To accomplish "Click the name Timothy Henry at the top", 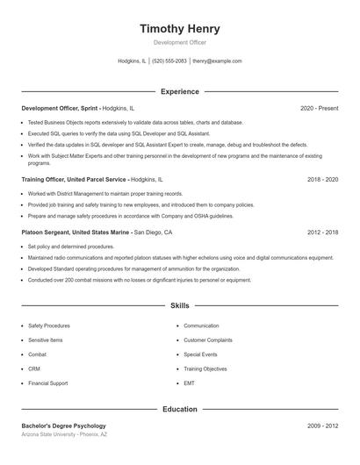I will pyautogui.click(x=180, y=28).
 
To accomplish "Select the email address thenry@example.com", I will pyautogui.click(x=217, y=61).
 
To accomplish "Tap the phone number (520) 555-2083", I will pyautogui.click(x=169, y=61).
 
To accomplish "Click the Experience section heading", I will pyautogui.click(x=180, y=91).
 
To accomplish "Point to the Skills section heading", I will pyautogui.click(x=180, y=306).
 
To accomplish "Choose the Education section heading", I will pyautogui.click(x=180, y=409).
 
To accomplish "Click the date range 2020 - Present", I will pyautogui.click(x=319, y=108).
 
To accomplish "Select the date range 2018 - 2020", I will pyautogui.click(x=322, y=179).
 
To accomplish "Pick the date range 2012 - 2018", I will pyautogui.click(x=322, y=232).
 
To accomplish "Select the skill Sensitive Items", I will pyautogui.click(x=46, y=340).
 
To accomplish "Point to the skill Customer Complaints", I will pyautogui.click(x=207, y=340).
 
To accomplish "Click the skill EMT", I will pyautogui.click(x=189, y=384).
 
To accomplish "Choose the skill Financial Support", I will pyautogui.click(x=47, y=384).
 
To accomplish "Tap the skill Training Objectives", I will pyautogui.click(x=205, y=369).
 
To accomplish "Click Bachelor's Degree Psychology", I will pyautogui.click(x=63, y=426).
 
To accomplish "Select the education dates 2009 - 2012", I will pyautogui.click(x=322, y=426).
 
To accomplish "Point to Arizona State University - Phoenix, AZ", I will pyautogui.click(x=65, y=435).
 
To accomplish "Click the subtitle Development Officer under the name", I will pyautogui.click(x=180, y=42).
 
